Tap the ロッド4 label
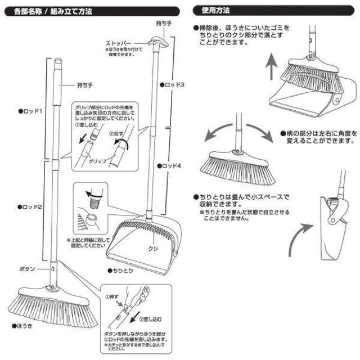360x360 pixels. pyautogui.click(x=175, y=166)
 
